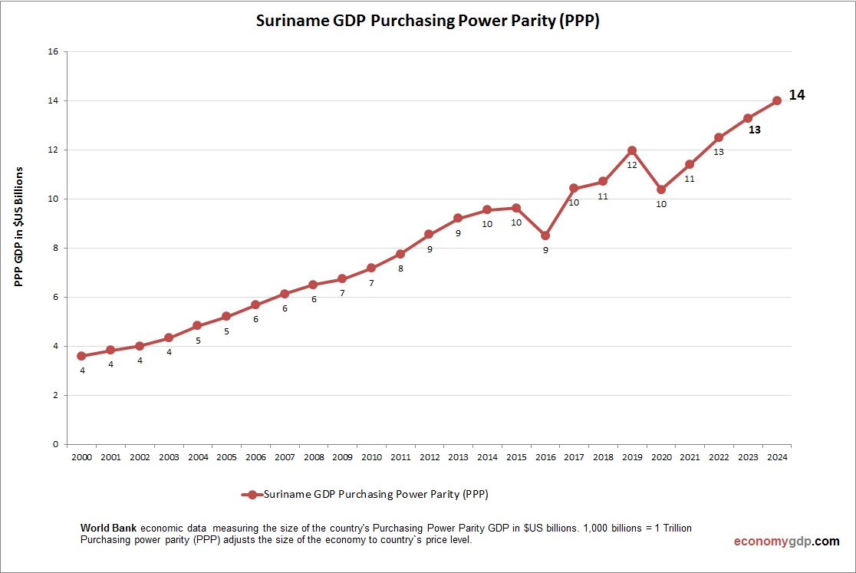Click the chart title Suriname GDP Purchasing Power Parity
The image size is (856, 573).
pyautogui.click(x=427, y=21)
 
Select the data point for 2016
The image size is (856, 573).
pyautogui.click(x=545, y=235)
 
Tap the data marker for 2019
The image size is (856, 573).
pyautogui.click(x=632, y=150)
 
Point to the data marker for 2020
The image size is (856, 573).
pyautogui.click(x=661, y=189)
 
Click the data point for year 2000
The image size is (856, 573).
pyautogui.click(x=81, y=356)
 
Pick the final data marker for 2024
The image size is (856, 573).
pyautogui.click(x=777, y=100)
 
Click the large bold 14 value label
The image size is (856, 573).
pyautogui.click(x=797, y=95)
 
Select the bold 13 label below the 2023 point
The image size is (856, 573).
pyautogui.click(x=755, y=130)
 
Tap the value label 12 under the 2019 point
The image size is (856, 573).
pyautogui.click(x=632, y=165)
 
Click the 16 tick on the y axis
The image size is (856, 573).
pyautogui.click(x=53, y=51)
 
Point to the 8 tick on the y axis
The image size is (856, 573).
pyautogui.click(x=55, y=248)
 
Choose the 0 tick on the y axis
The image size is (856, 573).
pyautogui.click(x=55, y=444)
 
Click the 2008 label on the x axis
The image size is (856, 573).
pyautogui.click(x=313, y=457)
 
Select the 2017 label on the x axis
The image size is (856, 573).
pyautogui.click(x=574, y=457)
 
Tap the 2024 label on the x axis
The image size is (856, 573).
pyautogui.click(x=777, y=457)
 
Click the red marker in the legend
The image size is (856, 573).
pyautogui.click(x=251, y=495)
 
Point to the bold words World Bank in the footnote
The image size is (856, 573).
pyautogui.click(x=108, y=529)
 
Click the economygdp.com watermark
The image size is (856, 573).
pyautogui.click(x=786, y=541)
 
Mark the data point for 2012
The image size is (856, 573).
pyautogui.click(x=429, y=234)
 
